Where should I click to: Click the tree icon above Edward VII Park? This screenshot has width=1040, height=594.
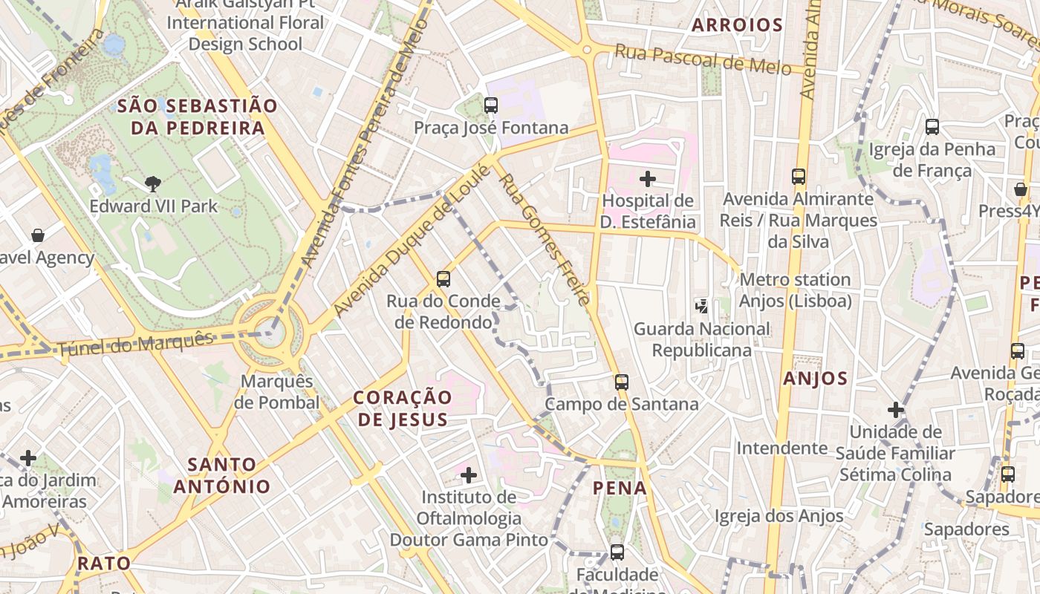click(x=153, y=182)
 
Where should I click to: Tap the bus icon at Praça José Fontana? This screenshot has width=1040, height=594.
click(x=491, y=105)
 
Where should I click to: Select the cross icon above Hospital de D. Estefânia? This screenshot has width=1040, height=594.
click(x=648, y=178)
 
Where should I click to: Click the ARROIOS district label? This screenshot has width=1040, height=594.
click(x=738, y=25)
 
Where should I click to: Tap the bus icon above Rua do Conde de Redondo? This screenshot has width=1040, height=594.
click(x=443, y=279)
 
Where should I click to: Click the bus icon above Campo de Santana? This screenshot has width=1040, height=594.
click(x=622, y=382)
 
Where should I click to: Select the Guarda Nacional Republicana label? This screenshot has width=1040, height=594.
click(x=702, y=339)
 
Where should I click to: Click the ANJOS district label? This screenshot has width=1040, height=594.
click(x=815, y=379)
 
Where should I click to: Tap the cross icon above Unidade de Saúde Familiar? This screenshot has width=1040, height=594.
click(x=896, y=409)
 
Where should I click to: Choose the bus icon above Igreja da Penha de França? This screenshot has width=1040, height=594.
click(x=932, y=127)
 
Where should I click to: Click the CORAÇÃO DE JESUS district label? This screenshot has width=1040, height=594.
click(x=403, y=408)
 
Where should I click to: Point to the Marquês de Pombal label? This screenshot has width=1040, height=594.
click(x=276, y=391)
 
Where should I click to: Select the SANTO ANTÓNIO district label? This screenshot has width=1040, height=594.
click(x=221, y=475)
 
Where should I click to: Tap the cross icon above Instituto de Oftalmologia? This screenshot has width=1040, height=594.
click(x=469, y=474)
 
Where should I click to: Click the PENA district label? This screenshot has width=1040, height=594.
click(x=620, y=488)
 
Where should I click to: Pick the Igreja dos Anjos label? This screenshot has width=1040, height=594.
click(x=779, y=515)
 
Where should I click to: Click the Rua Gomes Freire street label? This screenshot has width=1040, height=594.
click(x=545, y=239)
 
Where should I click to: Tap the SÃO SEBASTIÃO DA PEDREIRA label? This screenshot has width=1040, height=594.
click(x=198, y=117)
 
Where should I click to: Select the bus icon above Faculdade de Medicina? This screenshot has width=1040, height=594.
click(x=617, y=552)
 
